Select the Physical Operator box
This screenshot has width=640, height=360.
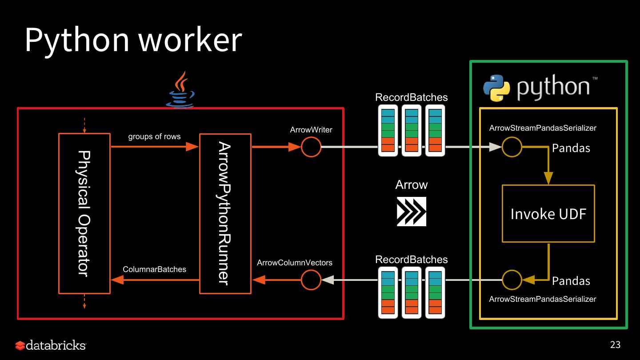tap(84, 213)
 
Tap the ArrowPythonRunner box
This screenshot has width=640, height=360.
tap(225, 213)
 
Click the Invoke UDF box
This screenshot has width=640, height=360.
tap(548, 214)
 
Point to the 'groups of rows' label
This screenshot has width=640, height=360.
tap(154, 136)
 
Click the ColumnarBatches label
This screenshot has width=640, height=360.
tap(154, 269)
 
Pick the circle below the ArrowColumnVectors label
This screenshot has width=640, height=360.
tap(311, 280)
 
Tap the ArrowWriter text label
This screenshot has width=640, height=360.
tap(311, 130)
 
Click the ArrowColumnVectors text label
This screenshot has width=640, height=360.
tap(294, 263)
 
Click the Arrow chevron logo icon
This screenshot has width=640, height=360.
tap(411, 212)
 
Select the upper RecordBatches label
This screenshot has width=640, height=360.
tap(411, 97)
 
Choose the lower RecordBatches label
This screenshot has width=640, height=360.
tap(411, 260)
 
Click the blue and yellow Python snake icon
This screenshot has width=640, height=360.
tap(496, 88)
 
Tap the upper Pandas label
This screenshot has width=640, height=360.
tap(571, 148)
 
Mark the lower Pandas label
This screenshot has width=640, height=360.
tap(571, 281)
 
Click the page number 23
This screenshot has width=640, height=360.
tap(615, 344)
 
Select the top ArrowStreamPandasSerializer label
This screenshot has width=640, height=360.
tap(542, 128)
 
